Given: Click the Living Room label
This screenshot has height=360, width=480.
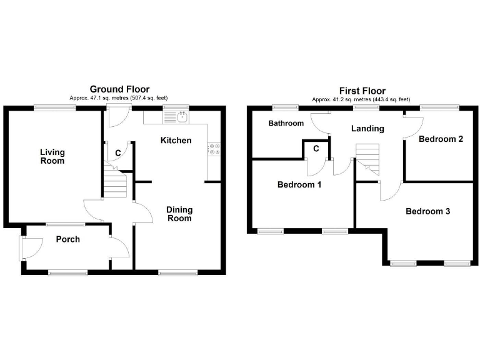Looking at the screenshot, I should (52, 156).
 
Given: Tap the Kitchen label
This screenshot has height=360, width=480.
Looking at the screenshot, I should (176, 140).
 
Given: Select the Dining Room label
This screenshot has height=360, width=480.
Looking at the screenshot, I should (179, 214).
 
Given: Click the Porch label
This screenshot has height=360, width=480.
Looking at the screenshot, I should (67, 239).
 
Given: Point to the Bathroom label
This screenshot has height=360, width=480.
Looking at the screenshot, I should (286, 123).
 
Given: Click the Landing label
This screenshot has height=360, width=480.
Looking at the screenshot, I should (367, 129).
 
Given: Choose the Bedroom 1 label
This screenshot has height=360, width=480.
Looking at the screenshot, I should (299, 184).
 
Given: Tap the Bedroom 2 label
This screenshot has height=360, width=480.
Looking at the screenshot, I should (441, 139).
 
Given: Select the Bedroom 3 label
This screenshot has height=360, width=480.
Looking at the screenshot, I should (427, 211).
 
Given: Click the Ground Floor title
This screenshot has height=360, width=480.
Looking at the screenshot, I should (119, 89).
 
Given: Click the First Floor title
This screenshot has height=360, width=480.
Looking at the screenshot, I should (362, 91).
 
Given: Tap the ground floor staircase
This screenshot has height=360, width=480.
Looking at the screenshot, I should (115, 184).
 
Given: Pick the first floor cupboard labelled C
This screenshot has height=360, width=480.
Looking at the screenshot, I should (316, 148).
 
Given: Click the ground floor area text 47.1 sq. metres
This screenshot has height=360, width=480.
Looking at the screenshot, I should (119, 98).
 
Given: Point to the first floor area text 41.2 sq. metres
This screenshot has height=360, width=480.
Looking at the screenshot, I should (362, 99).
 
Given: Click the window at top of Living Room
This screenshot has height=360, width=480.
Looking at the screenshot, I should (55, 107).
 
